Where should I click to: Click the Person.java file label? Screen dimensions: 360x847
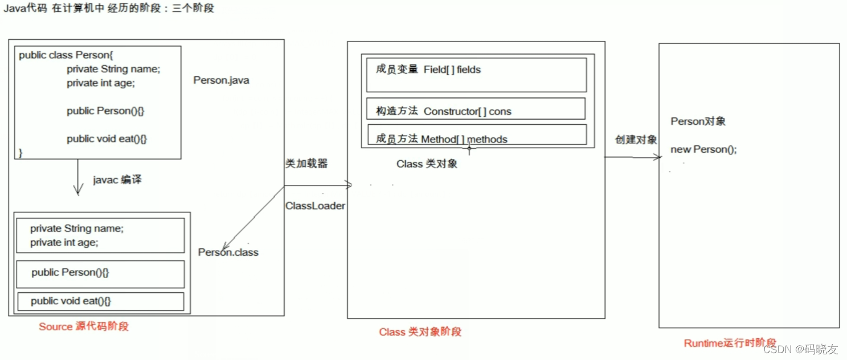[x=221, y=80]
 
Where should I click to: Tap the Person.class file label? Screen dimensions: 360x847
[x=228, y=252]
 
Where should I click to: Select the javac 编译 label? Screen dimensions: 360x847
[x=117, y=180]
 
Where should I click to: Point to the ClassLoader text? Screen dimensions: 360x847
[x=315, y=206]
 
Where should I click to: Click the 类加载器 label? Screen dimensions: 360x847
[x=306, y=163]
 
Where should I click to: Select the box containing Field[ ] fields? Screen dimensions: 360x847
[x=476, y=75]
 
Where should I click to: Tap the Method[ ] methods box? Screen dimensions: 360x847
[x=477, y=135]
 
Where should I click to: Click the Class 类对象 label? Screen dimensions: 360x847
[x=427, y=164]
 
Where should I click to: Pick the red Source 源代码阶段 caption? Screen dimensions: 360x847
[x=84, y=326]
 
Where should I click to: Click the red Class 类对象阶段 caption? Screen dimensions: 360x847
[x=420, y=332]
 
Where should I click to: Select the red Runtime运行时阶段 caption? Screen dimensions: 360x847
[x=730, y=343]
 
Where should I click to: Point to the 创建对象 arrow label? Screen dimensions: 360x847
[x=636, y=140]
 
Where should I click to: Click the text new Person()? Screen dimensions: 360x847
[x=703, y=149]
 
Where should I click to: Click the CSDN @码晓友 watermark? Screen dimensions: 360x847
[x=800, y=349]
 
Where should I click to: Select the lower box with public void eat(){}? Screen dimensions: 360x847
[x=100, y=301]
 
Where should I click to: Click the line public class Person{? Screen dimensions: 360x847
[x=66, y=55]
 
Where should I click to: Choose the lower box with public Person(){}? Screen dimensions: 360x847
[x=100, y=274]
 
